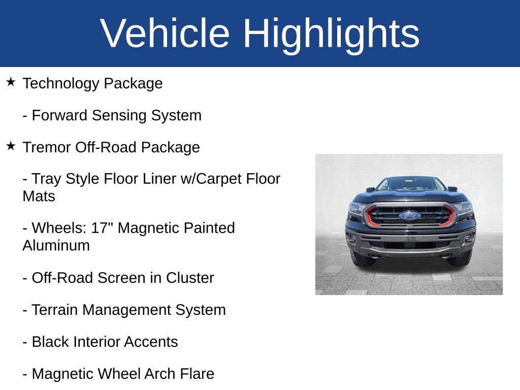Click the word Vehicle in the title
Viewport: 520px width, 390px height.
tap(165, 34)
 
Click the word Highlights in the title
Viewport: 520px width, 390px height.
tap(331, 34)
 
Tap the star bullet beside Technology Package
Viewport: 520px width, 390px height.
tap(11, 82)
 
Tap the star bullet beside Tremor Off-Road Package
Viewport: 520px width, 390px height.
tap(11, 146)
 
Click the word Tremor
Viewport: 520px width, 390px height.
tap(47, 148)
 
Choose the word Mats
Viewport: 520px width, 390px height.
tap(39, 197)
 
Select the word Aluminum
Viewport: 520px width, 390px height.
tap(56, 246)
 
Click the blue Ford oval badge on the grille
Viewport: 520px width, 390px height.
tap(409, 215)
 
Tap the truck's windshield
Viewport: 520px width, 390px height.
tap(410, 184)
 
